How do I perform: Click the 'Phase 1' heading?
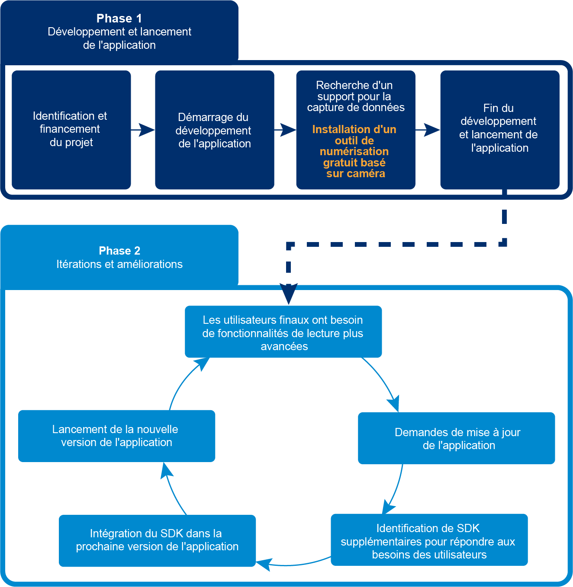click(119, 19)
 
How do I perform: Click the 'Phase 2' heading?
click(119, 251)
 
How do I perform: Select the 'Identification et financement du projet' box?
click(71, 130)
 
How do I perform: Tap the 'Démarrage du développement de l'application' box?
click(214, 130)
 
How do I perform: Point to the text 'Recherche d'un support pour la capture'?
click(355, 96)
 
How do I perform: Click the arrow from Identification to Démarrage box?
click(143, 129)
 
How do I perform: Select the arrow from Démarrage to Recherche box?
click(285, 129)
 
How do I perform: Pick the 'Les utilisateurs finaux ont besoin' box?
click(283, 332)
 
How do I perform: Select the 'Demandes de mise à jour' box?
click(457, 438)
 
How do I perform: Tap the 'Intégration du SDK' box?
click(157, 540)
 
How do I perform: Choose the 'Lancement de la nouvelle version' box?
click(116, 436)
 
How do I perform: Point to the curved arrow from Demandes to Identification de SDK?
click(396, 488)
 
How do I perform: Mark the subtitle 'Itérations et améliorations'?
click(119, 264)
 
